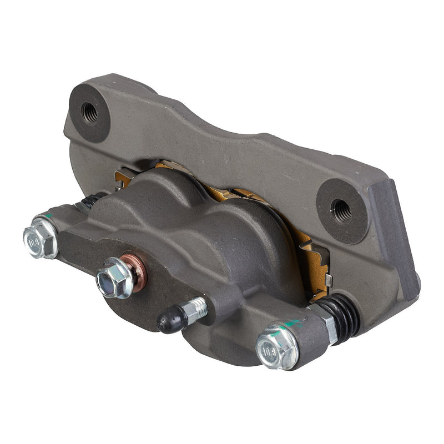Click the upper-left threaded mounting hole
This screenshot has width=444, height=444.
tap(89, 114)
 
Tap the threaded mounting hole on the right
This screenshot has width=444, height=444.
tap(341, 210)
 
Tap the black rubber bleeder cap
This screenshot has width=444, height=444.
tap(170, 320)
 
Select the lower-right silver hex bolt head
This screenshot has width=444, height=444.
tap(276, 347)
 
